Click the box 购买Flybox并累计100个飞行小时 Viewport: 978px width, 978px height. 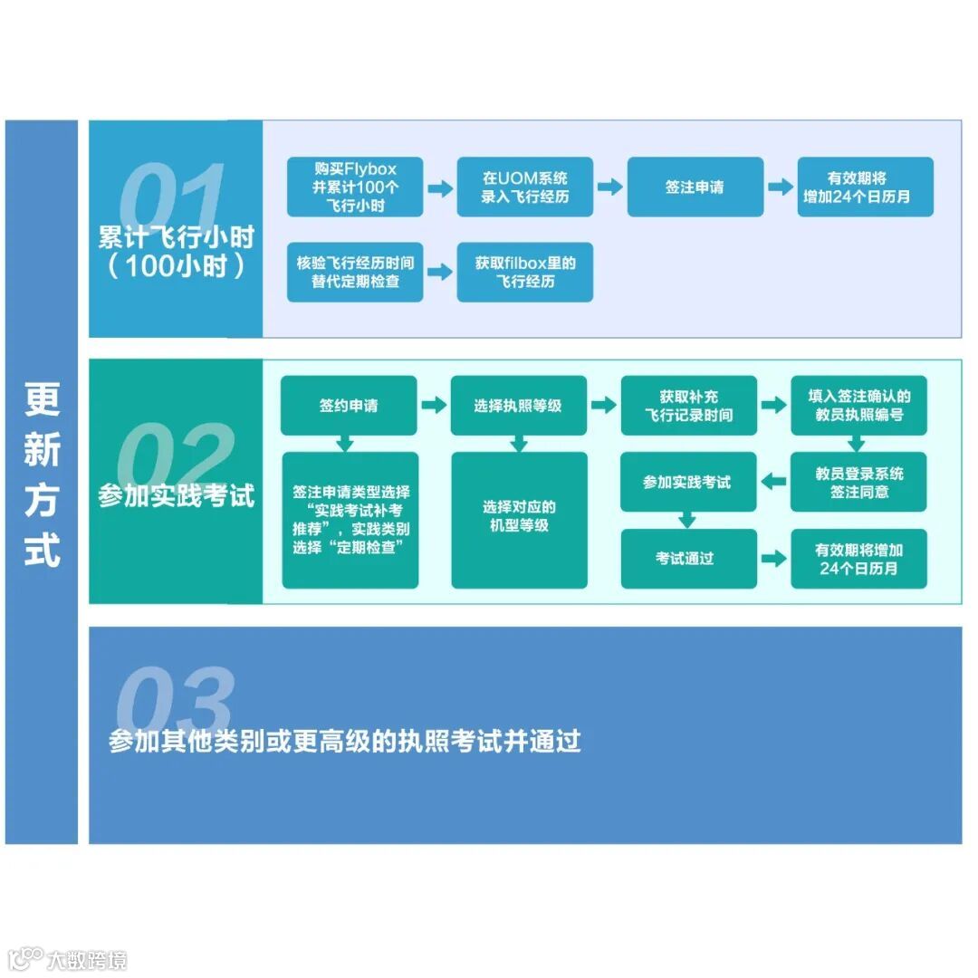pos(355,187)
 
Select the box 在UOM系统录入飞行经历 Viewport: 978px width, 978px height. pos(524,187)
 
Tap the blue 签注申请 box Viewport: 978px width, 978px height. pos(695,187)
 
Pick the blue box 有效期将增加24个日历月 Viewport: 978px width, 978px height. pos(865,187)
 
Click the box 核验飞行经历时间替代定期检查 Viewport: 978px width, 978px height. pos(355,272)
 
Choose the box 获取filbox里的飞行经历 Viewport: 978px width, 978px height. pos(524,272)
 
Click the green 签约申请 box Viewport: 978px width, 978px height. pos(349,405)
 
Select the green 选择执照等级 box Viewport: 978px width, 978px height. pos(518,405)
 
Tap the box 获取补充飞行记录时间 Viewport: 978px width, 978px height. pos(688,405)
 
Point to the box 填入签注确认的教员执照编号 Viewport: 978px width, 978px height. pos(858,405)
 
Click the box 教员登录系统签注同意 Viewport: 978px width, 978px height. pos(858,482)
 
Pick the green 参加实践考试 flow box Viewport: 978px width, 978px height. pos(688,482)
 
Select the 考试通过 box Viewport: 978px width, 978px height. pos(688,559)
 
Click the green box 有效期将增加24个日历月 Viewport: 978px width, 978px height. pos(858,559)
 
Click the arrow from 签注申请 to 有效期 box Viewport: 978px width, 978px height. pos(780,187)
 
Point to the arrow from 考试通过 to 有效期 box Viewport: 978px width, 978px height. pos(773,559)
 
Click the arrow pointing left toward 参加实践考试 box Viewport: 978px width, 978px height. pos(773,482)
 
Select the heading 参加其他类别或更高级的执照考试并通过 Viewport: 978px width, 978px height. pos(344,741)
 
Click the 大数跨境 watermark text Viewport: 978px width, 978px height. pos(87,959)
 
